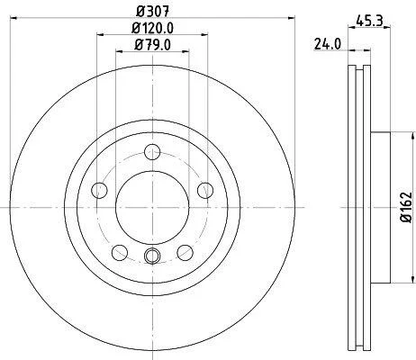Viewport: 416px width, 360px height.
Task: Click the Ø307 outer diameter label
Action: (x=153, y=12)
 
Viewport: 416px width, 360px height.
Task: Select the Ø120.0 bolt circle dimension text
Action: (x=153, y=29)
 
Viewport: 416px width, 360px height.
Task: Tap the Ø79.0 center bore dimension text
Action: (x=153, y=45)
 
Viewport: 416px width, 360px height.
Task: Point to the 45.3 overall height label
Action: (x=369, y=21)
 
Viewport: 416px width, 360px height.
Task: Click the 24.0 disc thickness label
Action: (x=328, y=44)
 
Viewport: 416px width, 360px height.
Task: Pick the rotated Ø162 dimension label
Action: (x=406, y=207)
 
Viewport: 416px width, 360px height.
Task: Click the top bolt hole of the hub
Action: (x=152, y=152)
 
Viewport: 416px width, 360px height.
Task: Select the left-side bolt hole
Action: (x=99, y=190)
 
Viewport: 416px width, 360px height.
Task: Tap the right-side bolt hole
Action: (x=205, y=190)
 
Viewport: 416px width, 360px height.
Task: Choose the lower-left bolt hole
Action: (x=120, y=253)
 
